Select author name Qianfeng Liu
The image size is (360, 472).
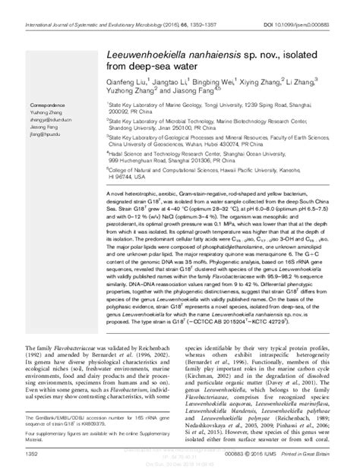[x=123, y=79]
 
